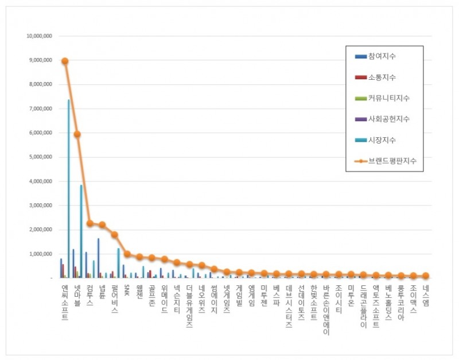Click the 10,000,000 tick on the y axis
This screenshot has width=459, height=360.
click(x=40, y=36)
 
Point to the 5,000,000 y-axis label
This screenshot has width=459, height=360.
click(x=41, y=157)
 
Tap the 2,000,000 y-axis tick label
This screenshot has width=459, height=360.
click(x=41, y=230)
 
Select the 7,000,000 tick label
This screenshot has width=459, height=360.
click(x=41, y=109)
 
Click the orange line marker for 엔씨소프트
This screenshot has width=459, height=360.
click(x=65, y=61)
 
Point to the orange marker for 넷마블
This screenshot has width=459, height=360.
click(x=77, y=134)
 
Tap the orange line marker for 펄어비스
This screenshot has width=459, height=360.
click(x=115, y=234)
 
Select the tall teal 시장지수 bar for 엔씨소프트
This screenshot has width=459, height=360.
click(x=68, y=189)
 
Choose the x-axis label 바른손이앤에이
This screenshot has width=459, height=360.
click(x=326, y=310)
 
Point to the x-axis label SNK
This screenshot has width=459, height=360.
click(x=127, y=291)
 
